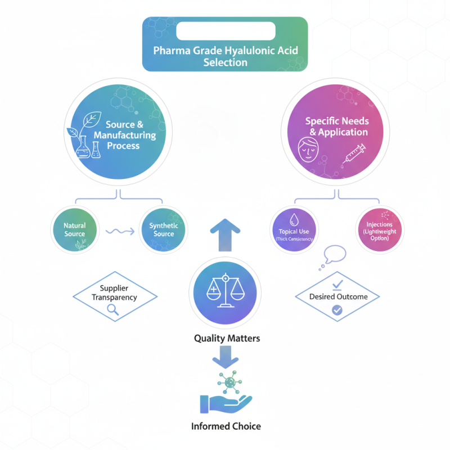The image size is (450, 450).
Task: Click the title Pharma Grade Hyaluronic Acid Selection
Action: (x=225, y=56)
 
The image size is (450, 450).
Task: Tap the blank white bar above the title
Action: (x=225, y=30)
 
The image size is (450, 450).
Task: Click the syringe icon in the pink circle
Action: (x=353, y=154)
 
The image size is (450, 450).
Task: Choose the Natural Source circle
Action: (x=74, y=229)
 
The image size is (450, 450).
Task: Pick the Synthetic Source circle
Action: (x=164, y=229)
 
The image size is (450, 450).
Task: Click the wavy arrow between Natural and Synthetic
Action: (x=119, y=230)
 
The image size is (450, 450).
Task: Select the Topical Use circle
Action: (x=294, y=229)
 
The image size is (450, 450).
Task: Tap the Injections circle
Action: (x=380, y=229)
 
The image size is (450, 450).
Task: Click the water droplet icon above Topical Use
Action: (x=294, y=219)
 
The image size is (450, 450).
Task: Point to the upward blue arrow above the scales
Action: (x=225, y=233)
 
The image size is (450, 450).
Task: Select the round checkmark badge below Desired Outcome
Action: (x=337, y=309)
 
